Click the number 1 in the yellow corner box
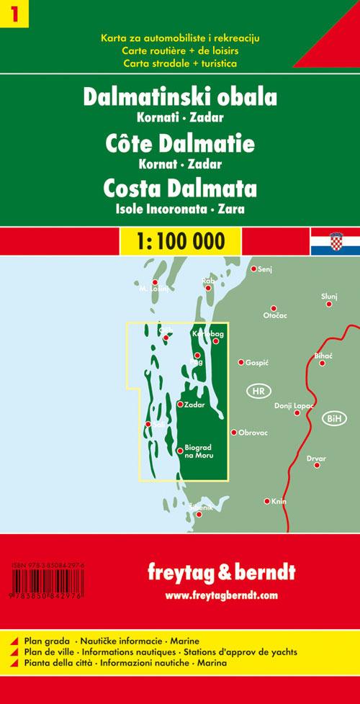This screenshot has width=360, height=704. (12, 14)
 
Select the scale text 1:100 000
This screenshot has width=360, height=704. (180, 240)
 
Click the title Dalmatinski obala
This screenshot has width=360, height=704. (180, 99)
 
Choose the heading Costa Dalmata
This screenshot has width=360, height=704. (180, 189)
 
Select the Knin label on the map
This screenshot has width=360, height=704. (279, 501)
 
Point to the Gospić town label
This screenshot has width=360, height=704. (257, 362)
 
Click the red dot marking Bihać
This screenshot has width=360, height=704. (323, 363)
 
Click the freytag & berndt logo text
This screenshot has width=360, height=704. (220, 574)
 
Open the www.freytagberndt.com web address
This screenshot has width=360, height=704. (220, 595)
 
